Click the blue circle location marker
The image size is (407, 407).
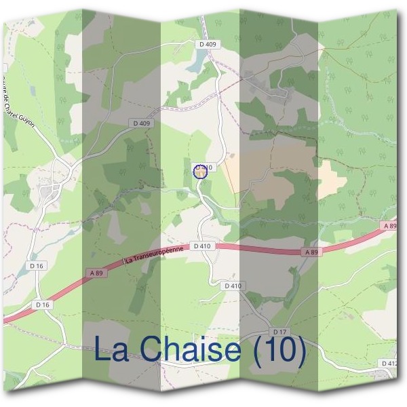pos(200,171)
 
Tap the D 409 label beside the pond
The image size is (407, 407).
pos(208,45)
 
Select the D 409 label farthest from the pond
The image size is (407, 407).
pos(141,123)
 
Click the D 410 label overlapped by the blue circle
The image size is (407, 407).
pos(206,167)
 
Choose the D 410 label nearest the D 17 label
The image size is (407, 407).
pos(233,286)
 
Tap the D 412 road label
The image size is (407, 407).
pos(389,364)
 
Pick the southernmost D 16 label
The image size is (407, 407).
pos(42,305)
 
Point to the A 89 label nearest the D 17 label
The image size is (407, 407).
pos(311,252)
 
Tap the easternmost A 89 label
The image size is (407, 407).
pos(389,225)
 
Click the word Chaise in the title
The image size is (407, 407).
pos(201,351)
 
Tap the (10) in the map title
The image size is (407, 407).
pos(277,351)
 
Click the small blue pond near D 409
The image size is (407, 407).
pos(195,63)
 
